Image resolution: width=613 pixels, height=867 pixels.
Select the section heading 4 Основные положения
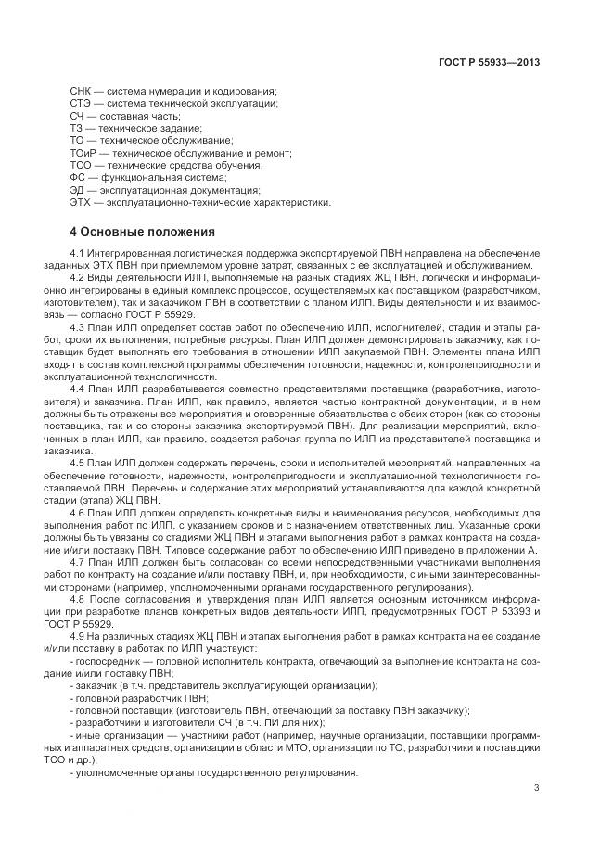tap(142, 231)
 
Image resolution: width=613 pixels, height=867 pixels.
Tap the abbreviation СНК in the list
tap(81, 91)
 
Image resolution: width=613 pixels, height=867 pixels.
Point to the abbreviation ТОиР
tap(83, 152)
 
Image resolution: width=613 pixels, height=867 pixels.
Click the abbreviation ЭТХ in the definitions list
tap(80, 201)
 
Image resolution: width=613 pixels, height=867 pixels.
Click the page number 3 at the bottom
tap(537, 789)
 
